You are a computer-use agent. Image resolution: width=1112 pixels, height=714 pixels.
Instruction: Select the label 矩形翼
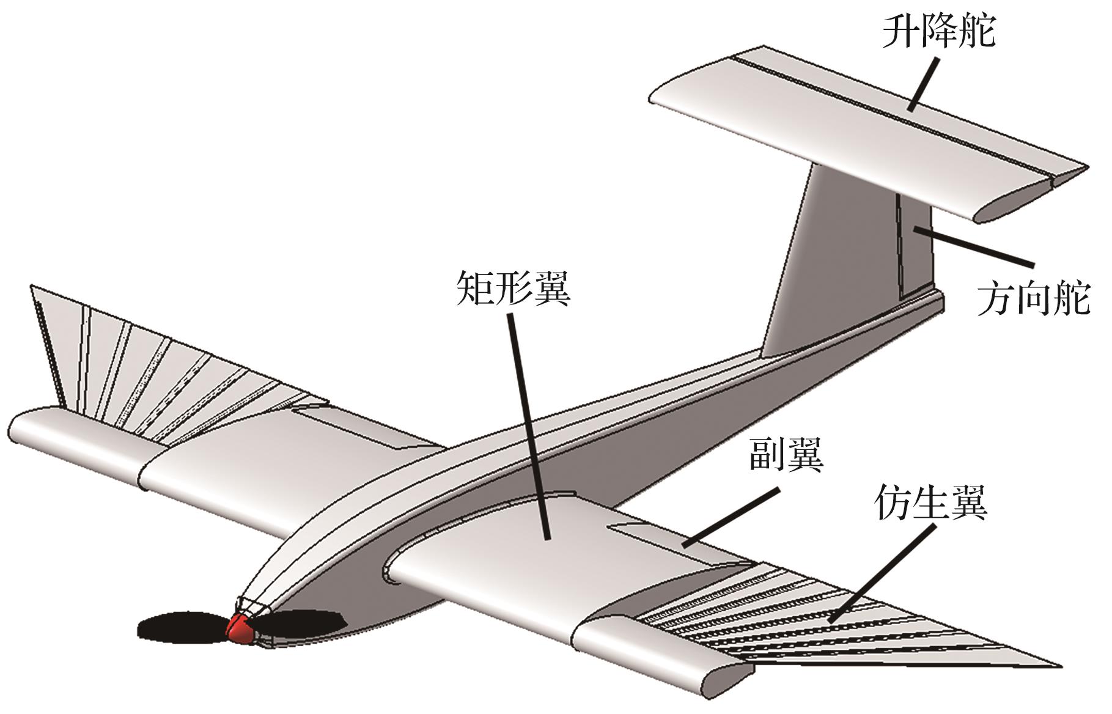[513, 288]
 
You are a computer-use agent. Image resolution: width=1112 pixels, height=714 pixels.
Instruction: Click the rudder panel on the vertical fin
[915, 251]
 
